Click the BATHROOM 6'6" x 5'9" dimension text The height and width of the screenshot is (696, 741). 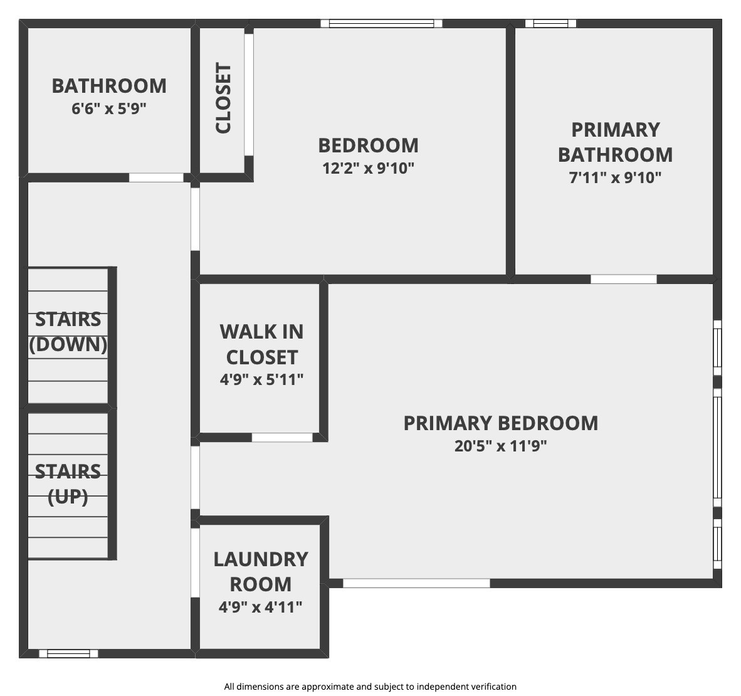click(108, 109)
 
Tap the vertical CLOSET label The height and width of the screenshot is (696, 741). click(223, 98)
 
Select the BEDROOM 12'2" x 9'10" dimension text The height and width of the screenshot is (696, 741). click(368, 168)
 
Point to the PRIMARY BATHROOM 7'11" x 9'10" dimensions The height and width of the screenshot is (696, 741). click(615, 178)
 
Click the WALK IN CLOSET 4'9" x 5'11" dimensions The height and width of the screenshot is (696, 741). click(261, 379)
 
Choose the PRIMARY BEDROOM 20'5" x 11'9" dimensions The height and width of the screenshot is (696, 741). click(500, 446)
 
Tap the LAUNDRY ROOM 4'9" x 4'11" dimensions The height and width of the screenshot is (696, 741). click(260, 606)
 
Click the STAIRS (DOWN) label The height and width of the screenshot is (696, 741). click(68, 332)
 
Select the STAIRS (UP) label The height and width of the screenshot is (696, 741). click(68, 484)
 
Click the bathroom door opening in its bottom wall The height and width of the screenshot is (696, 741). click(157, 178)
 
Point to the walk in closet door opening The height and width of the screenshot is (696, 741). click(282, 438)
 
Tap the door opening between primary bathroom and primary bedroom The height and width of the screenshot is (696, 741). click(624, 279)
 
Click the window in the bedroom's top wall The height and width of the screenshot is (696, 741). click(381, 23)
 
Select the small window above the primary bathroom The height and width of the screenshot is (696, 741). click(550, 23)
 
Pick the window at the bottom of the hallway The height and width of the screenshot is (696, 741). click(68, 653)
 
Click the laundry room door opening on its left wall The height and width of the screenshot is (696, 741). click(195, 562)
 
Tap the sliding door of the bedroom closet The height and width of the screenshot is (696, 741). click(249, 95)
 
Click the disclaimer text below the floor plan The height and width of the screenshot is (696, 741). click(370, 687)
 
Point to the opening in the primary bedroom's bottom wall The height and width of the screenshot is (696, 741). click(416, 584)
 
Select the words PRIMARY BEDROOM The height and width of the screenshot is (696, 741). click(500, 423)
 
